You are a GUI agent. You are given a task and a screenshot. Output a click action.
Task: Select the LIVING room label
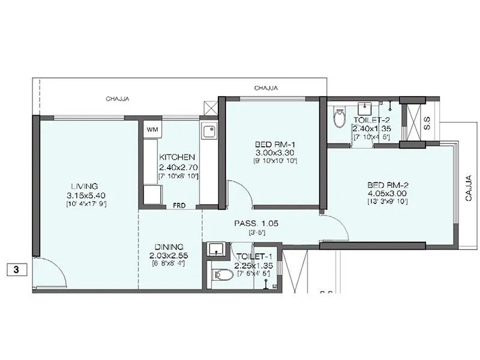(x=83, y=186)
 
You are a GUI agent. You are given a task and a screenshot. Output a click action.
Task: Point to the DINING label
(x=169, y=247)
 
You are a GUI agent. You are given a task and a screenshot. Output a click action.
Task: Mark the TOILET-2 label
(x=370, y=121)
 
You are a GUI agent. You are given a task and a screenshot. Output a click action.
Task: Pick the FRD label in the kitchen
(x=179, y=205)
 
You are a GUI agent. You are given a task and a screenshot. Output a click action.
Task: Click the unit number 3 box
(x=17, y=269)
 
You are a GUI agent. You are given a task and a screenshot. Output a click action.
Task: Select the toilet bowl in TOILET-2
(x=340, y=116)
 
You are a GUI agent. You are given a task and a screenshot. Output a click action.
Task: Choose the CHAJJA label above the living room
(x=117, y=99)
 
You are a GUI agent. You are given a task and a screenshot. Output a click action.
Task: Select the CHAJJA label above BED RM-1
(x=265, y=88)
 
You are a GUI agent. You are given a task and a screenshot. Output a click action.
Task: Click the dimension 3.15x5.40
(x=83, y=196)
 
